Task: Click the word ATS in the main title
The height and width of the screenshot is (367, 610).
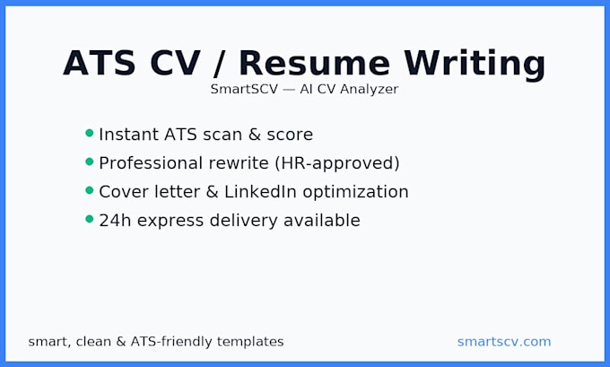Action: point(99,63)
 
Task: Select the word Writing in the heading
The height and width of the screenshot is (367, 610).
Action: point(475,63)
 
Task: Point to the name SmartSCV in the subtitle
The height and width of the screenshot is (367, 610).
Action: point(241,90)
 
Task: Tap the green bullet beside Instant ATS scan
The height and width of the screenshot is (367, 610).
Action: point(89,133)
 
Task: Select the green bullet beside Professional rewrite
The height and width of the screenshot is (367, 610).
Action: point(89,162)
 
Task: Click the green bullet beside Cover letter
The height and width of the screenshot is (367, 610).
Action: point(89,190)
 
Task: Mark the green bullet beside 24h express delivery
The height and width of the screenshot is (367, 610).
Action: point(89,219)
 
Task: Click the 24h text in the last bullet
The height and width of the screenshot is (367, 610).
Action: point(114,221)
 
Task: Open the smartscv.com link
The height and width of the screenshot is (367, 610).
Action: point(504,342)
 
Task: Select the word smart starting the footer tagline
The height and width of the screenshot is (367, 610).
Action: point(47,342)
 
